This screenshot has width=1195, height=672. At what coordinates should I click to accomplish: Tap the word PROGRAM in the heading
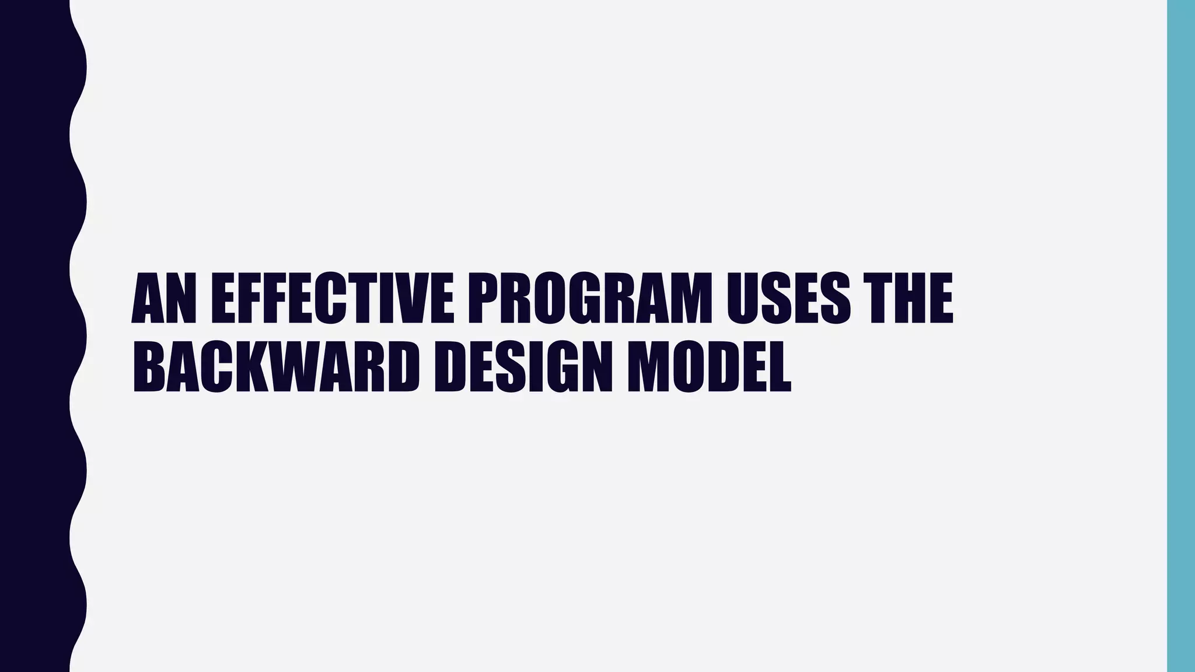[x=590, y=298]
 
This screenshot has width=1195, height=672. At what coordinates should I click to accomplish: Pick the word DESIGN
[x=523, y=366]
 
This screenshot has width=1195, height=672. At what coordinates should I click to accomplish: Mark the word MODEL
[x=709, y=366]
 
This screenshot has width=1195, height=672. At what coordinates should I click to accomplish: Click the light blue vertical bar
[x=1181, y=336]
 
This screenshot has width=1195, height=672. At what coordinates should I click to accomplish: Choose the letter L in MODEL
[x=777, y=366]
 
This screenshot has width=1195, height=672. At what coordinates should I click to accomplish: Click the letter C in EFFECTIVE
[x=334, y=298]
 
